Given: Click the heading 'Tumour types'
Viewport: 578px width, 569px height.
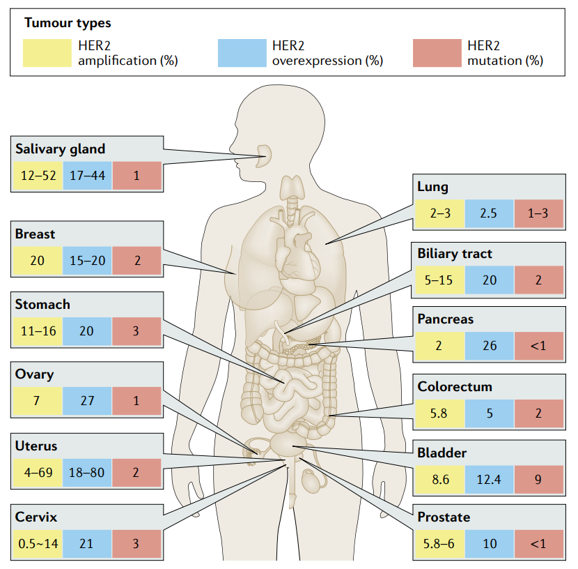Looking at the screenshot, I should pos(68,23).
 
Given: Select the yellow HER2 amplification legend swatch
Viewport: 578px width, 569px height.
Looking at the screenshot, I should pos(46,53).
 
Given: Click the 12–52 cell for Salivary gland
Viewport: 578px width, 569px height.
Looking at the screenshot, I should pos(38,176).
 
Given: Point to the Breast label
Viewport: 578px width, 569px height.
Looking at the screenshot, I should pos(35,234).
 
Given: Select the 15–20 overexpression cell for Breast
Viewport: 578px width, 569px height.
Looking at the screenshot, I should pos(87,261).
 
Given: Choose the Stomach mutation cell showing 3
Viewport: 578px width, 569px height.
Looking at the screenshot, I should pos(136,331).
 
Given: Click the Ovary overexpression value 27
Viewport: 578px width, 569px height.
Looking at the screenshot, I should pos(87,402).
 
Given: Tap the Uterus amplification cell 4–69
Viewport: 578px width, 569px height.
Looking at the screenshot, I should pos(38,472).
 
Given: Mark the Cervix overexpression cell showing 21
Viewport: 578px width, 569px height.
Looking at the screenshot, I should pos(87,543).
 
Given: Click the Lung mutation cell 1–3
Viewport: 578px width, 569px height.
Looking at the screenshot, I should pos(538,213).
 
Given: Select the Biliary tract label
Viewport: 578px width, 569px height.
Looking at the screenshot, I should pos(455,253).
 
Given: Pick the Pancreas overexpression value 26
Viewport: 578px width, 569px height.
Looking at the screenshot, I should pos(490,346).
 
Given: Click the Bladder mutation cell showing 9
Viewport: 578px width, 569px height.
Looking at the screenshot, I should pos(538,480).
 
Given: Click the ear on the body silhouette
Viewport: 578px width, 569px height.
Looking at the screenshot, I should pos(265,155).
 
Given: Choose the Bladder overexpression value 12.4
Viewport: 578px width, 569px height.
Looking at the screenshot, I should pos(490,480).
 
